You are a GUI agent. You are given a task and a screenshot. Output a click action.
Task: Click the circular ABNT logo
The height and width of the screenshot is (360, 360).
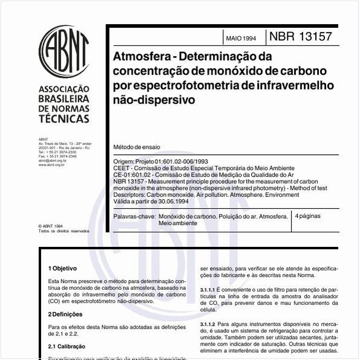tap(64, 51)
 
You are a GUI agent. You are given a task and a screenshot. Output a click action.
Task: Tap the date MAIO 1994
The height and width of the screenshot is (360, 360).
tap(241, 38)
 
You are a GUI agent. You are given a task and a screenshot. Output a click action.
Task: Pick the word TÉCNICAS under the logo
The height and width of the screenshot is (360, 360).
tap(63, 119)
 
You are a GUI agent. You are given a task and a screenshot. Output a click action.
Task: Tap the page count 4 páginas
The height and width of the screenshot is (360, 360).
tap(308, 216)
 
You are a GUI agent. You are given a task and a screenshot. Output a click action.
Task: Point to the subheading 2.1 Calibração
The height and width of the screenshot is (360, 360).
tap(67, 347)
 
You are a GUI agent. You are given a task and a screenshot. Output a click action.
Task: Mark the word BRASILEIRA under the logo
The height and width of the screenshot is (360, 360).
tap(64, 99)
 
